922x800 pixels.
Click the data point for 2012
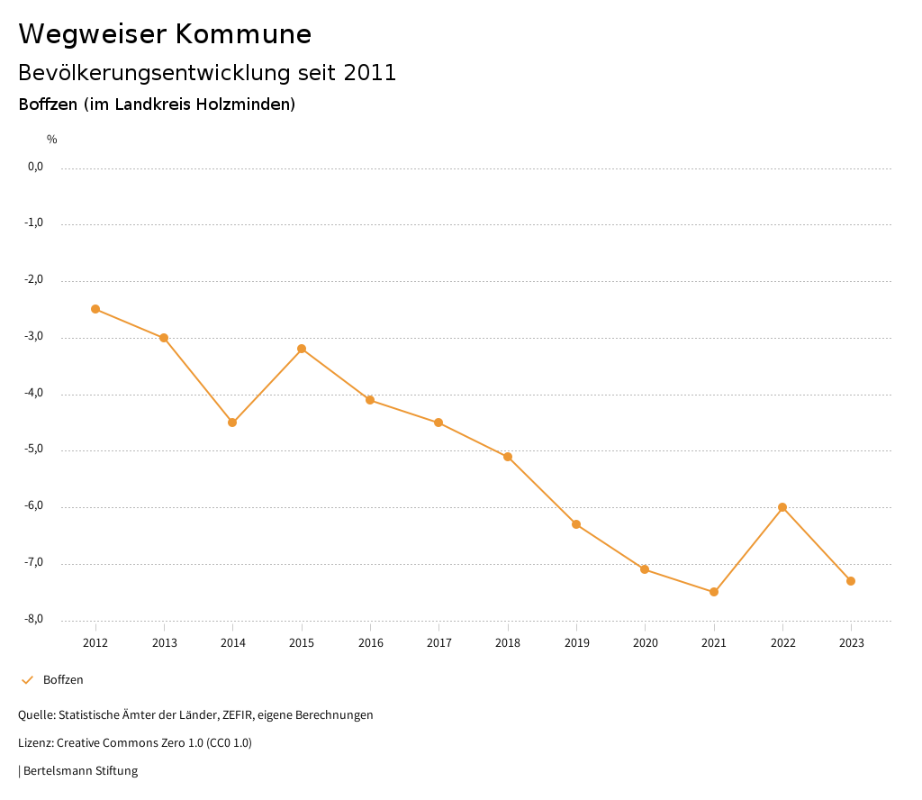(95, 309)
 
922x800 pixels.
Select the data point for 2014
(232, 423)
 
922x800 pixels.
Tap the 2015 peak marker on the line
(302, 349)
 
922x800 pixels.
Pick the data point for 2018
(508, 457)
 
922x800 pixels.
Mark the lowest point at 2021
(714, 592)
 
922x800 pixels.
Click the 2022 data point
(782, 507)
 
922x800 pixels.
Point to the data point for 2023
(851, 581)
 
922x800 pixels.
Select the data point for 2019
(576, 524)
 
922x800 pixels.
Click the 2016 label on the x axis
(370, 643)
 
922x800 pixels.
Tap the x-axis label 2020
(645, 643)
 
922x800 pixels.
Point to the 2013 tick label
(164, 643)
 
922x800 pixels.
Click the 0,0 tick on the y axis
(35, 167)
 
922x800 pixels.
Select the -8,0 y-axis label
(34, 619)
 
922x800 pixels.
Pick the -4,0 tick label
(34, 393)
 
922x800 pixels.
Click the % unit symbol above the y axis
(52, 140)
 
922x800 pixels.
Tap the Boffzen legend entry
(62, 680)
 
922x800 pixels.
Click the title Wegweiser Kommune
(165, 33)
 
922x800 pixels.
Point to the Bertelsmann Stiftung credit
(80, 771)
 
